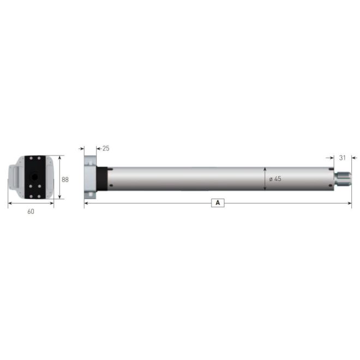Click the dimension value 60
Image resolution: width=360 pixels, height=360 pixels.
click(x=31, y=211)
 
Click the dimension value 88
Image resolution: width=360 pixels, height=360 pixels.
click(x=65, y=179)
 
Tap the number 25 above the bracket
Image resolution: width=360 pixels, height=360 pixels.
click(x=106, y=148)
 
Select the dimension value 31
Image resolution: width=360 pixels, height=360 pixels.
click(x=343, y=158)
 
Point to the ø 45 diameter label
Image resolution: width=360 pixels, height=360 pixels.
click(x=275, y=179)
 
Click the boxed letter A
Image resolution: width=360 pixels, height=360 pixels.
click(x=218, y=203)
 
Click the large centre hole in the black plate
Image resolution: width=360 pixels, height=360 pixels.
click(x=34, y=177)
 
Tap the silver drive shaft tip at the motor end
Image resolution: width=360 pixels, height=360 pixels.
click(x=344, y=178)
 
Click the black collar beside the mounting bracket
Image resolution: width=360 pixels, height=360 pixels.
click(x=101, y=178)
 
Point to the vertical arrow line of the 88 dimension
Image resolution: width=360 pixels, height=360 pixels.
click(x=59, y=177)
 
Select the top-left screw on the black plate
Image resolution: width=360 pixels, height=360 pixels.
click(x=30, y=159)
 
